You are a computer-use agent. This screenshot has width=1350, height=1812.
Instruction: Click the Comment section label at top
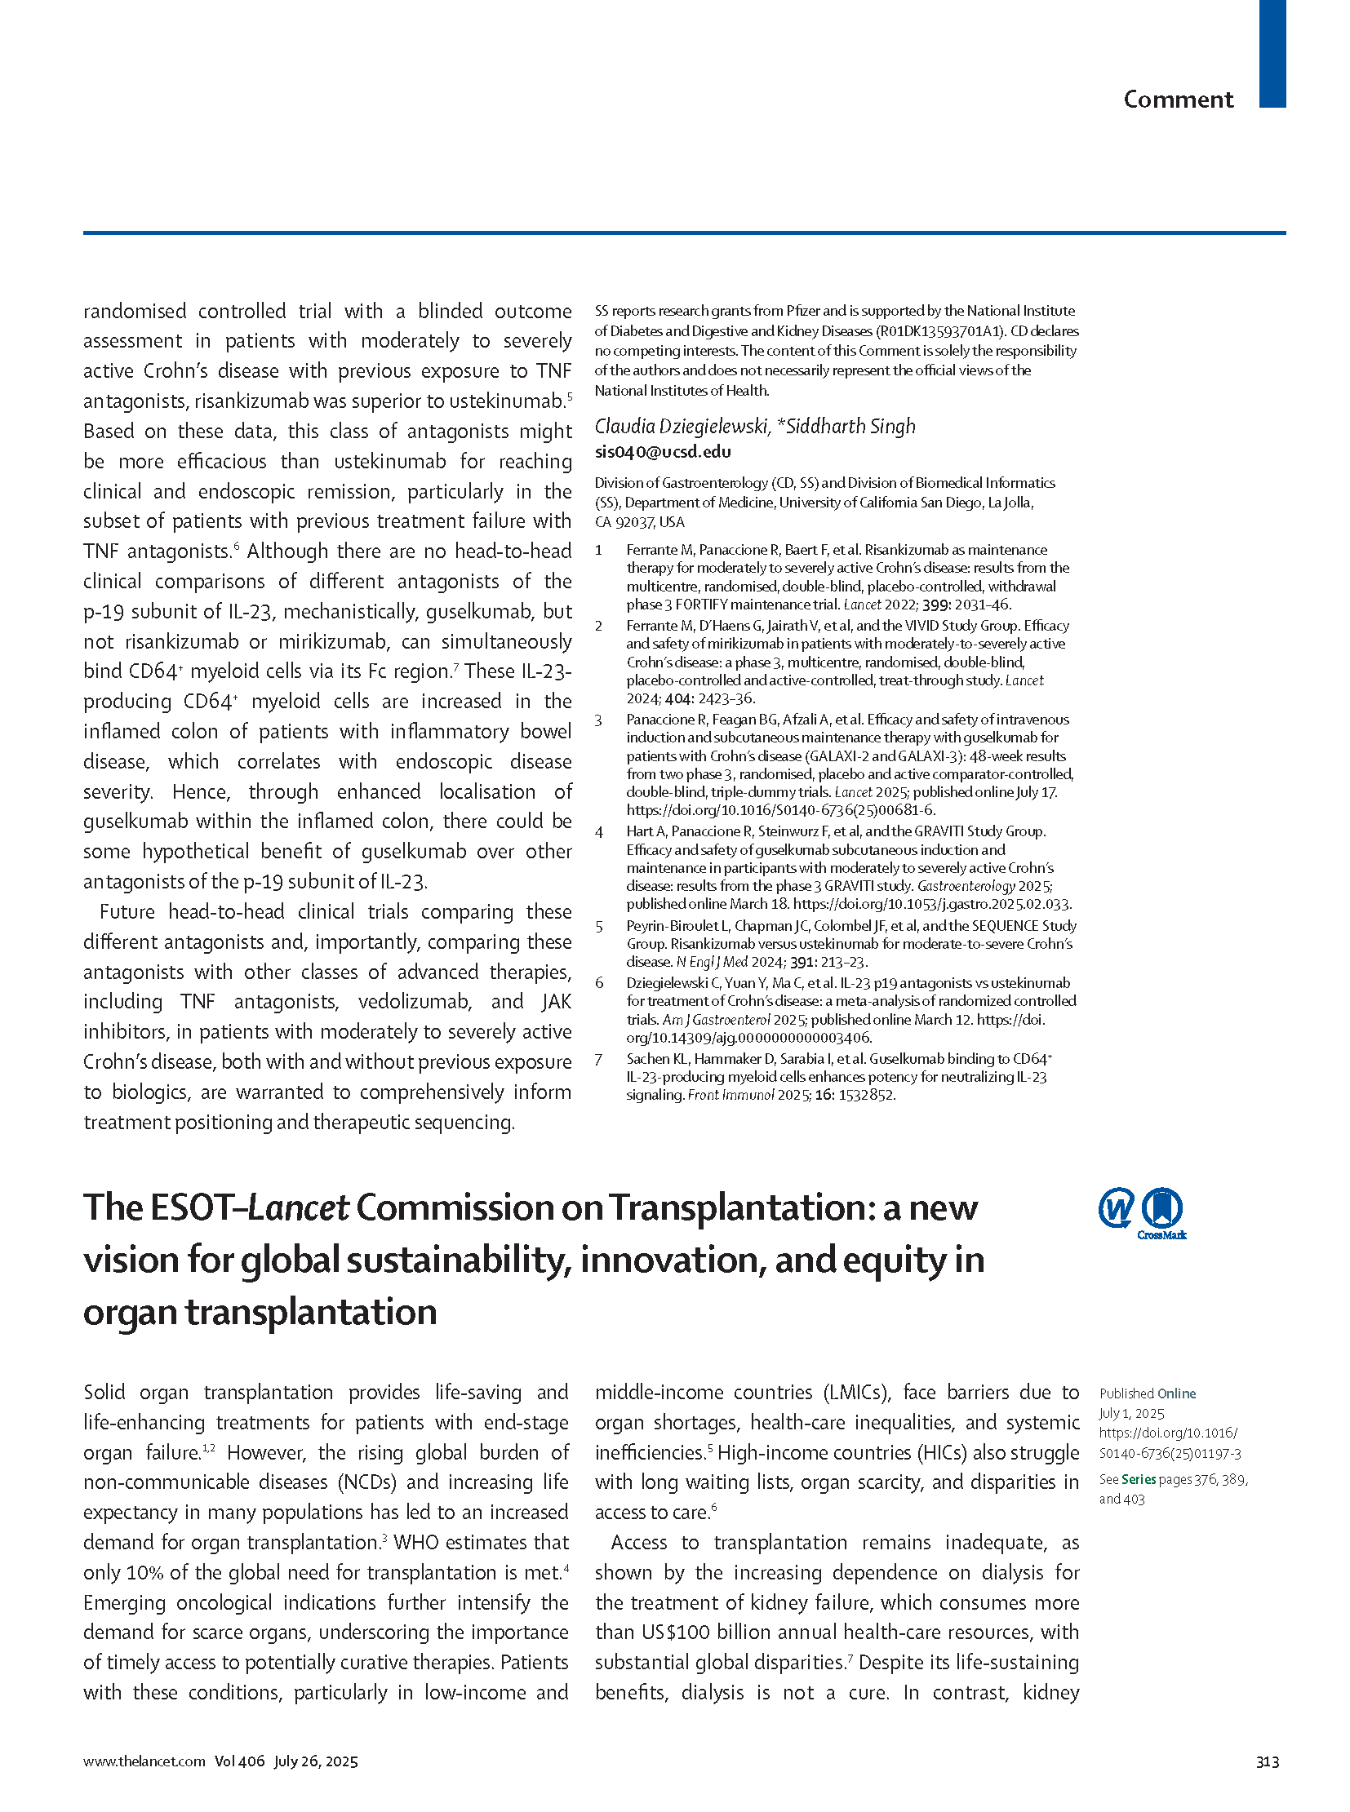[x=1178, y=100]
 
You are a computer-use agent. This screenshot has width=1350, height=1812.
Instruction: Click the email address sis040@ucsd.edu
[x=663, y=452]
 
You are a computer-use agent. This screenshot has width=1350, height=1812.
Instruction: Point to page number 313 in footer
[x=1267, y=1761]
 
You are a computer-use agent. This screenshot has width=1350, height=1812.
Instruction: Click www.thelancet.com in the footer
[x=144, y=1761]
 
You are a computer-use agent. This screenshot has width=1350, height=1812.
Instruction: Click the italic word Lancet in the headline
[x=298, y=1207]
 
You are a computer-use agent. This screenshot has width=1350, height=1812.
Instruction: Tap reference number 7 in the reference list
[x=599, y=1060]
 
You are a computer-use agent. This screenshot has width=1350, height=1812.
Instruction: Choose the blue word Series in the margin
[x=1139, y=1479]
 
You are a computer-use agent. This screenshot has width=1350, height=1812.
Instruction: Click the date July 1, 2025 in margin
[x=1132, y=1413]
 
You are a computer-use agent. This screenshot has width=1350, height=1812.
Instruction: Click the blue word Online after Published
[x=1177, y=1393]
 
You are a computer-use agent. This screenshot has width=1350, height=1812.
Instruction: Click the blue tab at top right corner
[x=1272, y=53]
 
